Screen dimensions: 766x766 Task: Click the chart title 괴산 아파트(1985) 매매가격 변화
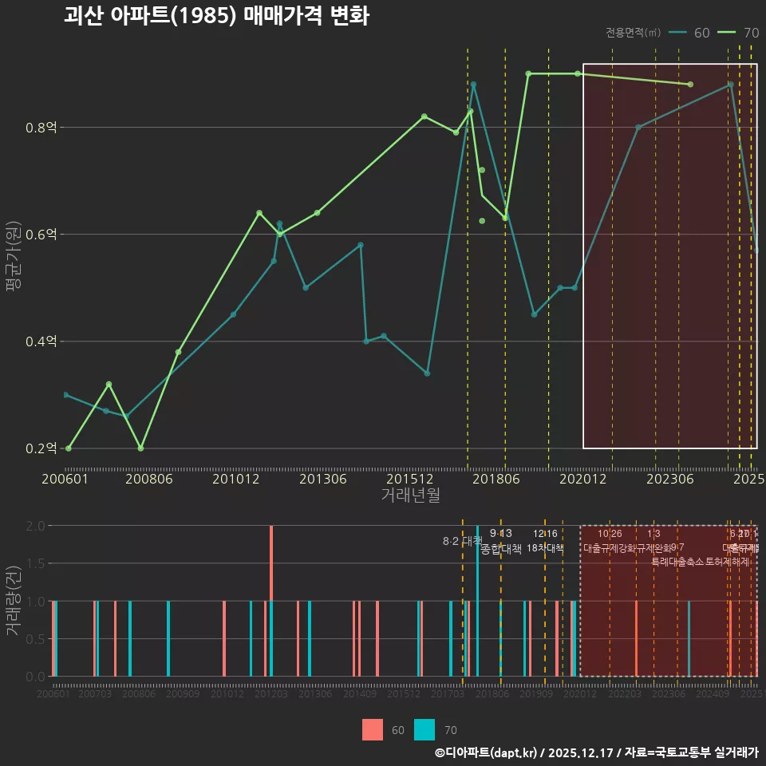point(216,17)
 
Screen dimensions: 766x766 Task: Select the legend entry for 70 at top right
point(738,33)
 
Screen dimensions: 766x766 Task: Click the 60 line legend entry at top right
point(689,33)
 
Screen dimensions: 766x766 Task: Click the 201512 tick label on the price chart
point(409,480)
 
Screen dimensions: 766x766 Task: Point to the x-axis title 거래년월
point(410,496)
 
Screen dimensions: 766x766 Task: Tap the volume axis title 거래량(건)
point(14,601)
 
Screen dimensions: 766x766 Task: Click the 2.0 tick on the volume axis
point(35,526)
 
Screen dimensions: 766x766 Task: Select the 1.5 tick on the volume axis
point(35,563)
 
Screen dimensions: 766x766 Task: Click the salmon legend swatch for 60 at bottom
point(373,729)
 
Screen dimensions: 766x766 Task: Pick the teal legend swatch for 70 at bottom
point(424,729)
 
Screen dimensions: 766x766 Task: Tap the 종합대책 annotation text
point(501,549)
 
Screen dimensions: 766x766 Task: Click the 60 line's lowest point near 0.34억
point(427,373)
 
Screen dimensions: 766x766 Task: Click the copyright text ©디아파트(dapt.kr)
point(487,752)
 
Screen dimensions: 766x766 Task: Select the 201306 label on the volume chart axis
point(315,694)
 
